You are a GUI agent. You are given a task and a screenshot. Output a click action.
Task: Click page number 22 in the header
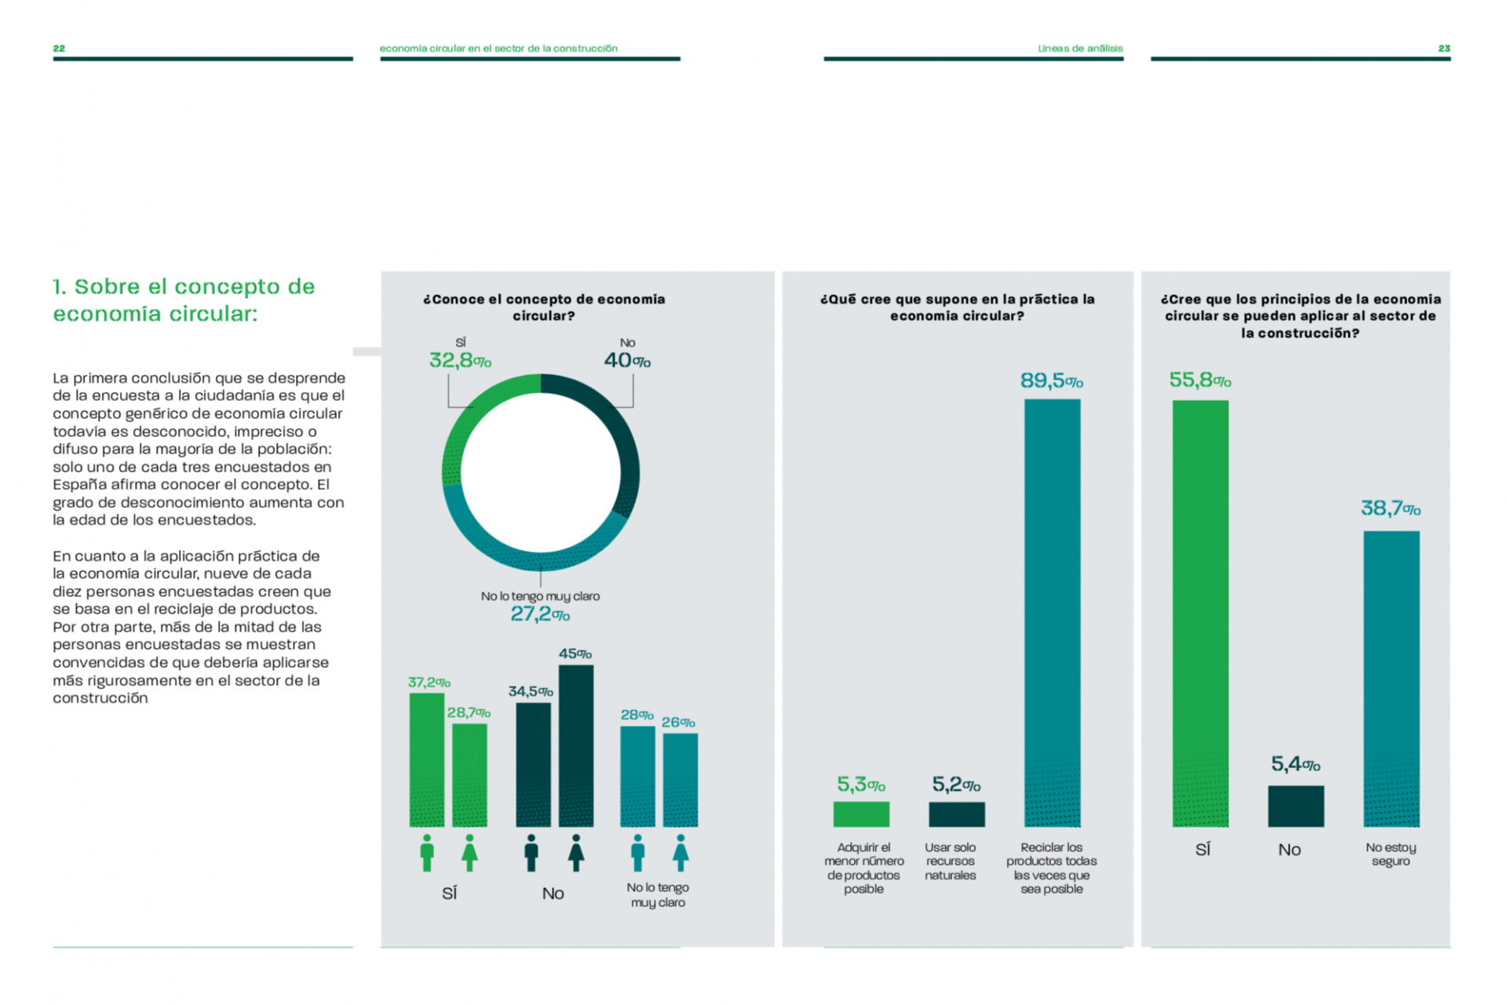pyautogui.click(x=59, y=49)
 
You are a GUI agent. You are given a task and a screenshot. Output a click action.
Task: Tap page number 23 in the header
pyautogui.click(x=1444, y=49)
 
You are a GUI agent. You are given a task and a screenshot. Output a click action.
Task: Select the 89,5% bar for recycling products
pyautogui.click(x=1052, y=613)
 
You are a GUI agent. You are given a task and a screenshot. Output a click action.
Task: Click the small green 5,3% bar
pyautogui.click(x=861, y=814)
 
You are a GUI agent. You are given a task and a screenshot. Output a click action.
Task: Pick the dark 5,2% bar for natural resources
pyautogui.click(x=957, y=814)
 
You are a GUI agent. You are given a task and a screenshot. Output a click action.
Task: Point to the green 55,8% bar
pyautogui.click(x=1200, y=614)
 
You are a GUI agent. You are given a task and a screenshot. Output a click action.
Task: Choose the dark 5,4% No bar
pyautogui.click(x=1296, y=807)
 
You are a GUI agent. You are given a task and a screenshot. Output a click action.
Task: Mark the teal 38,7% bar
pyautogui.click(x=1392, y=679)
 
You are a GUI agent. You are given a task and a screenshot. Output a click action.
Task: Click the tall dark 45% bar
pyautogui.click(x=576, y=746)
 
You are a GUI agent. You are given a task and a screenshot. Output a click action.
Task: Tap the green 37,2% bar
pyautogui.click(x=427, y=760)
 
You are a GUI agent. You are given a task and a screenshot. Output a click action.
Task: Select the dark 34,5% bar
pyautogui.click(x=534, y=765)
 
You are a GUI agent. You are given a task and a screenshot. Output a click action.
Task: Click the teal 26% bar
pyautogui.click(x=681, y=780)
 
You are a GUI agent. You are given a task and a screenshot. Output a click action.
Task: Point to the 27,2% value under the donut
pyautogui.click(x=540, y=614)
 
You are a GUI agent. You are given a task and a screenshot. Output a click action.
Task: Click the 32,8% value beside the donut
pyautogui.click(x=460, y=360)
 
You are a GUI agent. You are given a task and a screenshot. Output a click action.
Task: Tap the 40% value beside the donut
pyautogui.click(x=627, y=360)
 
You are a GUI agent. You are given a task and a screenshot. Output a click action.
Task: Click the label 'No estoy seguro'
pyautogui.click(x=1391, y=854)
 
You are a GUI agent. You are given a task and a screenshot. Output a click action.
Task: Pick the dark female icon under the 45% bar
pyautogui.click(x=576, y=853)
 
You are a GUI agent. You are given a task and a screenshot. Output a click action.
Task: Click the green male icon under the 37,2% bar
pyautogui.click(x=427, y=853)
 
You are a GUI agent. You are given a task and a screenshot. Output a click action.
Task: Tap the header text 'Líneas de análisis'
pyautogui.click(x=1080, y=49)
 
